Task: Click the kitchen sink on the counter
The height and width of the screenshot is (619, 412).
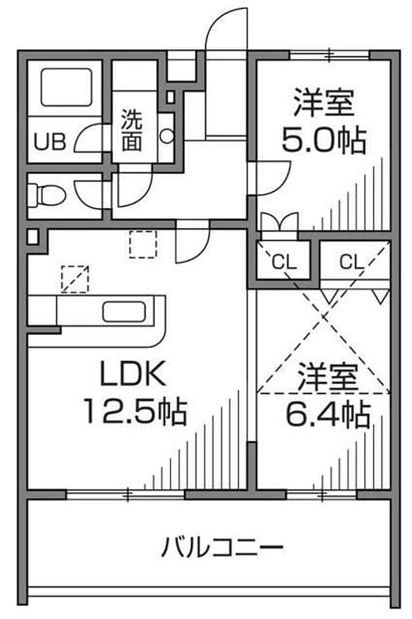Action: click(x=123, y=311)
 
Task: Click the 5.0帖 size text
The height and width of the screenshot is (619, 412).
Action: click(x=323, y=140)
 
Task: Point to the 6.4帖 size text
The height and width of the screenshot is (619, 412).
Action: click(x=327, y=416)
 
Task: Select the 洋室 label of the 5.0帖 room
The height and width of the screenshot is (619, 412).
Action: click(x=323, y=101)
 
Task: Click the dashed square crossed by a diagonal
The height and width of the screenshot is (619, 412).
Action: click(x=75, y=279)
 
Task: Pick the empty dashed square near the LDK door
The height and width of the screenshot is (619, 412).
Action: click(x=144, y=244)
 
